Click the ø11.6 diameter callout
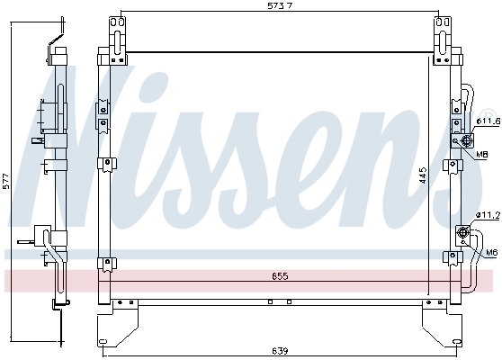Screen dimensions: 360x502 [487, 121]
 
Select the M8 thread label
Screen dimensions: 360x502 [482, 155]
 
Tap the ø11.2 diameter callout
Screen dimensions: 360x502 [487, 215]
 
